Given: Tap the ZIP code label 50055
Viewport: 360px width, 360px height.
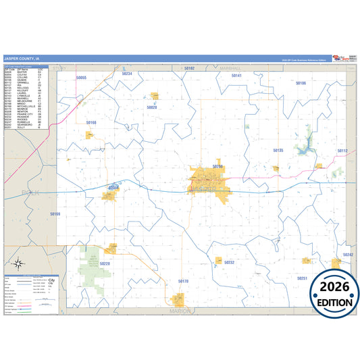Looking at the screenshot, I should click(82, 78).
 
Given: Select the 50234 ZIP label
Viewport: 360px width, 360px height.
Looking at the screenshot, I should click(126, 74).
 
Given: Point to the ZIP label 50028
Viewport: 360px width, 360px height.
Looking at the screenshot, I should click(152, 107).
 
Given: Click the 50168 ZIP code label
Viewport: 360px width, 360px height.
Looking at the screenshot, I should click(91, 122).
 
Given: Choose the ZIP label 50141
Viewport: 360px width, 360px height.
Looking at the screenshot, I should click(236, 76).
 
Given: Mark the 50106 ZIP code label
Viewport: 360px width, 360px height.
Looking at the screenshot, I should click(301, 83).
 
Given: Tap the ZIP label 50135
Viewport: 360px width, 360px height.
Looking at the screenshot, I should click(278, 150).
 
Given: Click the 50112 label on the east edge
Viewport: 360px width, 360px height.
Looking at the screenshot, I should click(342, 151).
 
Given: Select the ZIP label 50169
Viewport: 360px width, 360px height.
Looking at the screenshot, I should click(55, 213).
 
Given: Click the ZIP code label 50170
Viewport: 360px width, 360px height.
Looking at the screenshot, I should click(183, 280).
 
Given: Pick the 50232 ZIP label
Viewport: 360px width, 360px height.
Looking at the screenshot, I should click(229, 262).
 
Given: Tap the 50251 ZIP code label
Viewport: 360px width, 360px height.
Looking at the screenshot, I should click(302, 278).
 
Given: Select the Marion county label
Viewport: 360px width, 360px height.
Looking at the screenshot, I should click(181, 311).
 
